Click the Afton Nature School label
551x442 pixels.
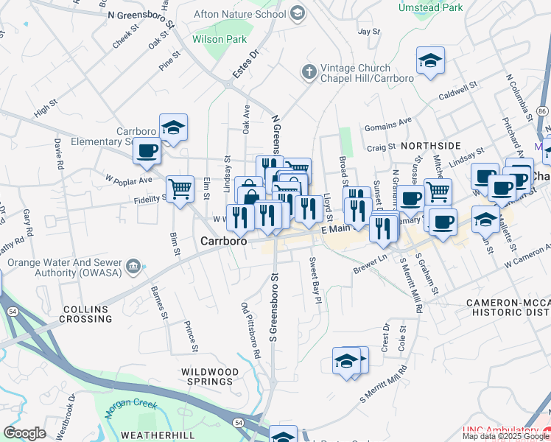[x=239, y=14]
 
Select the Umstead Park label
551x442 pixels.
[x=430, y=7]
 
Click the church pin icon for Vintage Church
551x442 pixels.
[x=308, y=71]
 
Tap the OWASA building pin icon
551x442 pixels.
[x=133, y=266]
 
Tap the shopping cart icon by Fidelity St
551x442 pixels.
[x=179, y=189]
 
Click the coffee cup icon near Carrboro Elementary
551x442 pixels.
[x=146, y=152]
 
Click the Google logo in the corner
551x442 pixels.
[x=24, y=433]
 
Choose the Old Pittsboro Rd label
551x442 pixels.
[x=251, y=330]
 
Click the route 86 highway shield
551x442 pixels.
[x=542, y=110]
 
